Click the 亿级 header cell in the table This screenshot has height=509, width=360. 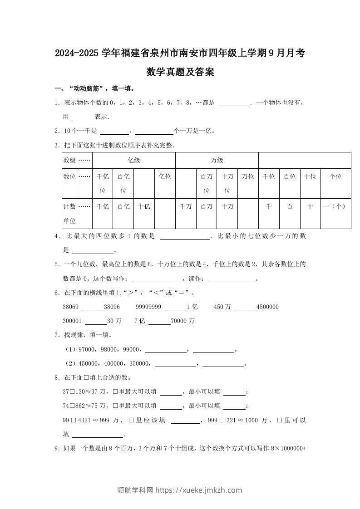click(133, 160)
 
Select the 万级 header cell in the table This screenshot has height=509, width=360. click(217, 160)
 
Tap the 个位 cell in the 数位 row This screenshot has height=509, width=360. click(335, 176)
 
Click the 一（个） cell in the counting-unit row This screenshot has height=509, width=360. click(335, 206)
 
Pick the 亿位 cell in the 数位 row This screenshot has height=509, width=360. click(165, 176)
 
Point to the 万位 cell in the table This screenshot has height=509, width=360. click(248, 176)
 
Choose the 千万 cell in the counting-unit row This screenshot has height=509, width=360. click(186, 206)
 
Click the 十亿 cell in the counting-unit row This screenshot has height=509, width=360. click(144, 206)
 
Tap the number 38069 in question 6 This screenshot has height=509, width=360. click(71, 307)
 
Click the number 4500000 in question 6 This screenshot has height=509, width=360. click(267, 307)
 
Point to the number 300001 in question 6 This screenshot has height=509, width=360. click(72, 321)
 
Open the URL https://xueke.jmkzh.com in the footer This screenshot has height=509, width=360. click(199, 490)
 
